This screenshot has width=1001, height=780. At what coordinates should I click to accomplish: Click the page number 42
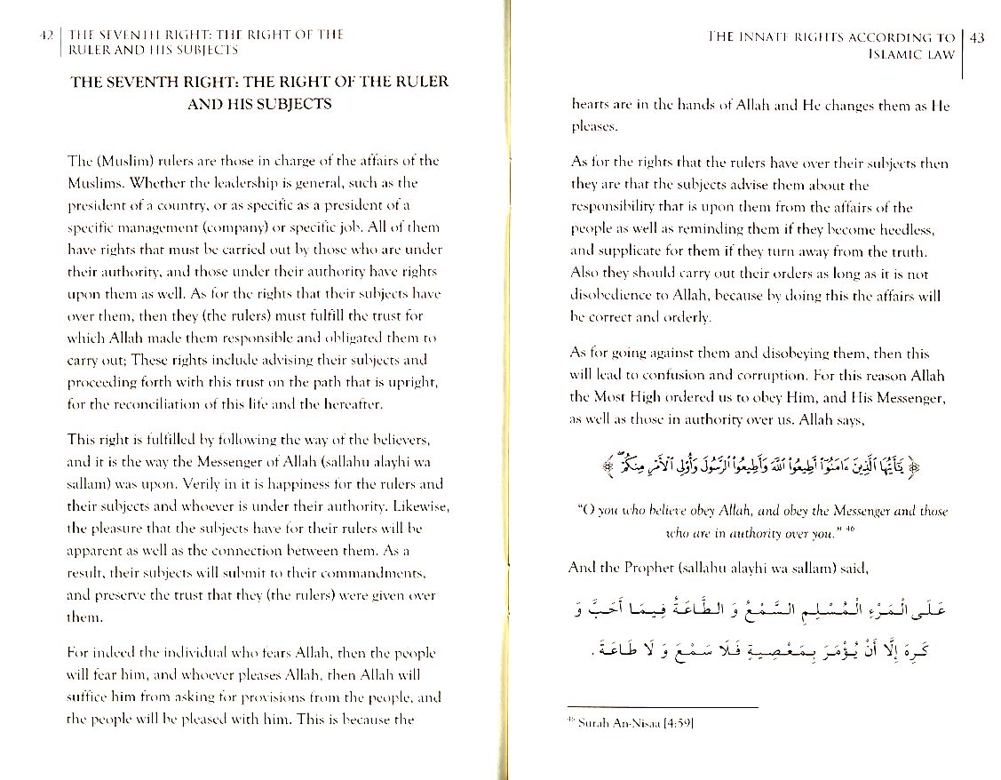click(x=46, y=36)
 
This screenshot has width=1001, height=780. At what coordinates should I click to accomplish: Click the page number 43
click(x=976, y=37)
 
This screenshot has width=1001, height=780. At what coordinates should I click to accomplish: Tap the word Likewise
click(x=422, y=505)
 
